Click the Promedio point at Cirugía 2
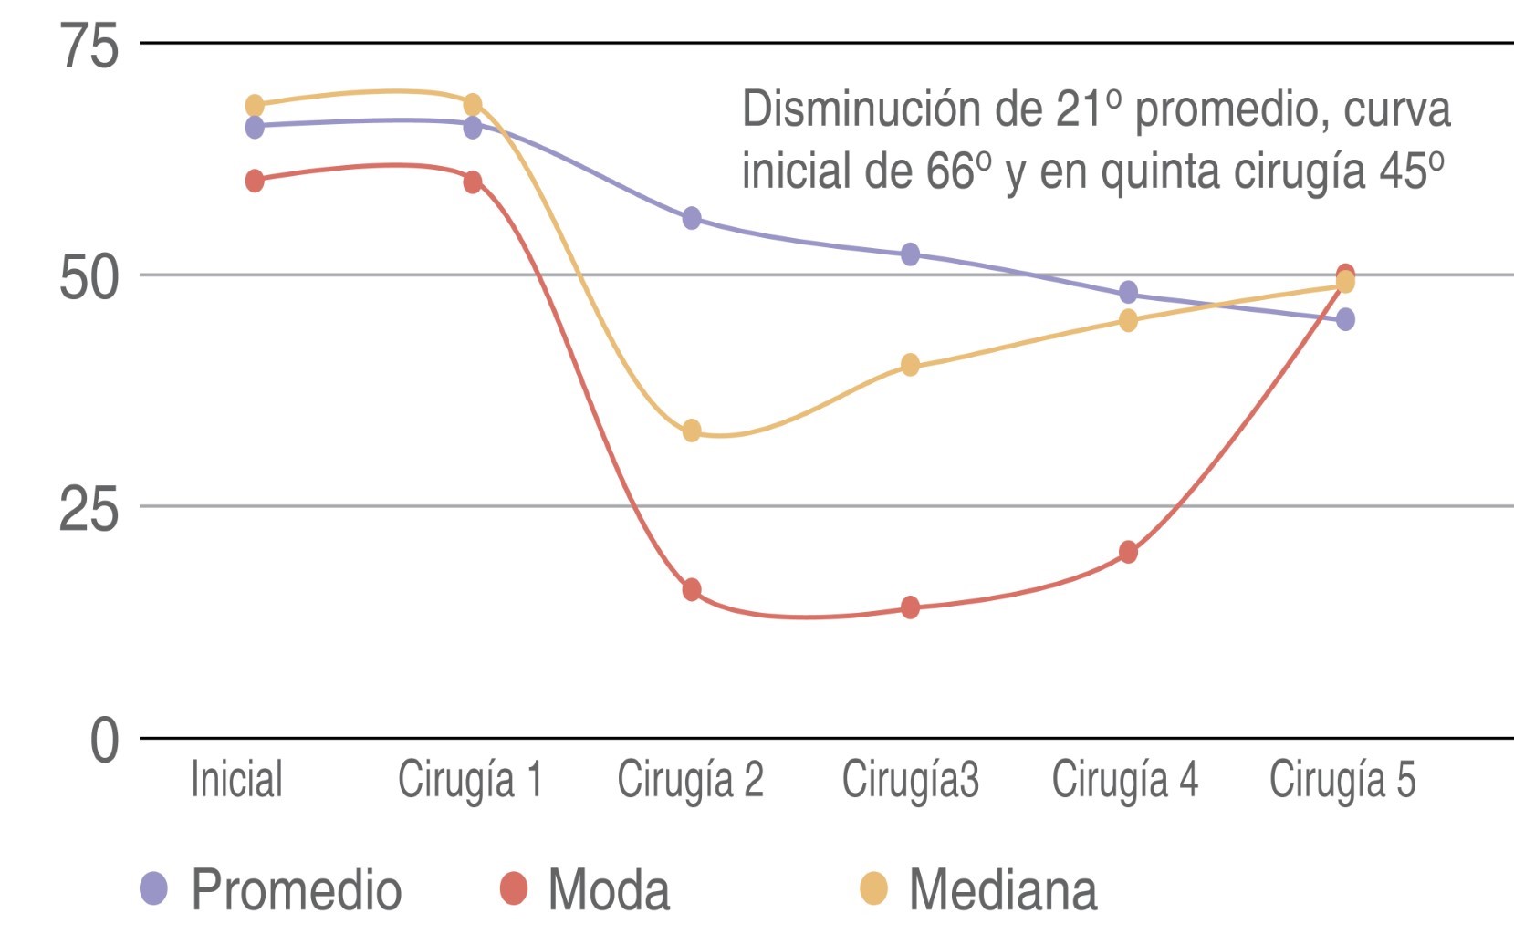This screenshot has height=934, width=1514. [x=692, y=218]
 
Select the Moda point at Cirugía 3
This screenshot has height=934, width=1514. [x=910, y=607]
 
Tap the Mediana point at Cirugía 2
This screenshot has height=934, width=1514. [x=692, y=430]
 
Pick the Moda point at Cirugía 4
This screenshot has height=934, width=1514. [x=1128, y=552]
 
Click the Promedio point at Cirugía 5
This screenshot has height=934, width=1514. [x=1345, y=319]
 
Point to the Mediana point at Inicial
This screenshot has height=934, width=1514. [x=255, y=106]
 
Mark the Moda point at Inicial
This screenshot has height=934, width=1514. [x=255, y=181]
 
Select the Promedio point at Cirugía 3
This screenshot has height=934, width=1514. [x=910, y=254]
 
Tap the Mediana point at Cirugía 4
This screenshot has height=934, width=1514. [x=1128, y=320]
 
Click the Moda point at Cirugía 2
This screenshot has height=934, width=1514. [x=692, y=589]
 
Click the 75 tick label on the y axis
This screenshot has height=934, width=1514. [x=89, y=46]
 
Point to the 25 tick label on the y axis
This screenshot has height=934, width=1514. [x=89, y=508]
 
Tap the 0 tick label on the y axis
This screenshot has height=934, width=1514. [x=104, y=740]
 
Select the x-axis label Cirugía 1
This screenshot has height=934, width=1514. [x=470, y=781]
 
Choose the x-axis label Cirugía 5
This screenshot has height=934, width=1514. [x=1342, y=781]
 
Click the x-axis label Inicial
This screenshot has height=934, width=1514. [x=236, y=781]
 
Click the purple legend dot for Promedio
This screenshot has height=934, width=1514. [x=153, y=887]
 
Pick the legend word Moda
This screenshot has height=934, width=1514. [x=609, y=890]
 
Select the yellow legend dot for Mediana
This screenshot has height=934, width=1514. [x=874, y=887]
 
